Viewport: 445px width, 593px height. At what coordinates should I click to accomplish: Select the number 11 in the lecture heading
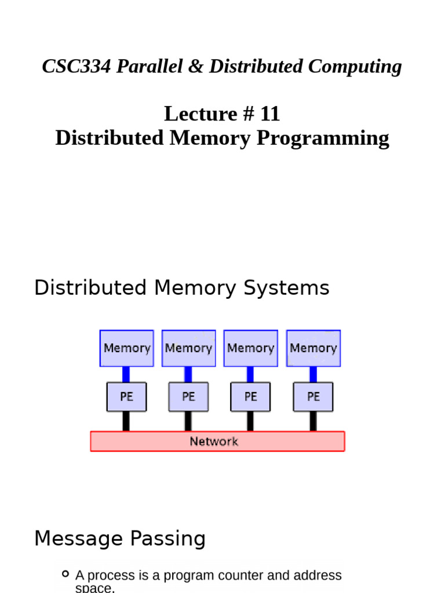pyautogui.click(x=269, y=114)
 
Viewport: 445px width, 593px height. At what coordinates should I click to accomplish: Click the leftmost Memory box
pyautogui.click(x=127, y=348)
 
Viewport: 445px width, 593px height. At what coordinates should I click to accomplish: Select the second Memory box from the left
pyautogui.click(x=188, y=348)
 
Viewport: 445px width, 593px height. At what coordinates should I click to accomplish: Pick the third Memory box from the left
pyautogui.click(x=250, y=348)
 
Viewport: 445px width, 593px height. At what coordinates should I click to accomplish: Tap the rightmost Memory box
pyautogui.click(x=313, y=348)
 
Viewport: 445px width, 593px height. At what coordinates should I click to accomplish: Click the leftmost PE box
pyautogui.click(x=126, y=397)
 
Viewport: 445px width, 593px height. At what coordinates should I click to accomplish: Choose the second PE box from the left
pyautogui.click(x=188, y=397)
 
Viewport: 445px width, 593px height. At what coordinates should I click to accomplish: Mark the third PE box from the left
pyautogui.click(x=250, y=397)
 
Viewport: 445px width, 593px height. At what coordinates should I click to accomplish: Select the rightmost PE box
pyautogui.click(x=313, y=397)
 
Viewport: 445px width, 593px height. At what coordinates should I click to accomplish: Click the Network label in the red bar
pyautogui.click(x=214, y=441)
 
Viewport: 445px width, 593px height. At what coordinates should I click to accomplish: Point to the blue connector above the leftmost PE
pyautogui.click(x=126, y=374)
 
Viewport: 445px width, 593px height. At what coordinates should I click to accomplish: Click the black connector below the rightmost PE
pyautogui.click(x=313, y=421)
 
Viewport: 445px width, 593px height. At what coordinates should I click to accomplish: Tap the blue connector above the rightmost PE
pyautogui.click(x=313, y=374)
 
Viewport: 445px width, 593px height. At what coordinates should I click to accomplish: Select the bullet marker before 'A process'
pyautogui.click(x=65, y=574)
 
